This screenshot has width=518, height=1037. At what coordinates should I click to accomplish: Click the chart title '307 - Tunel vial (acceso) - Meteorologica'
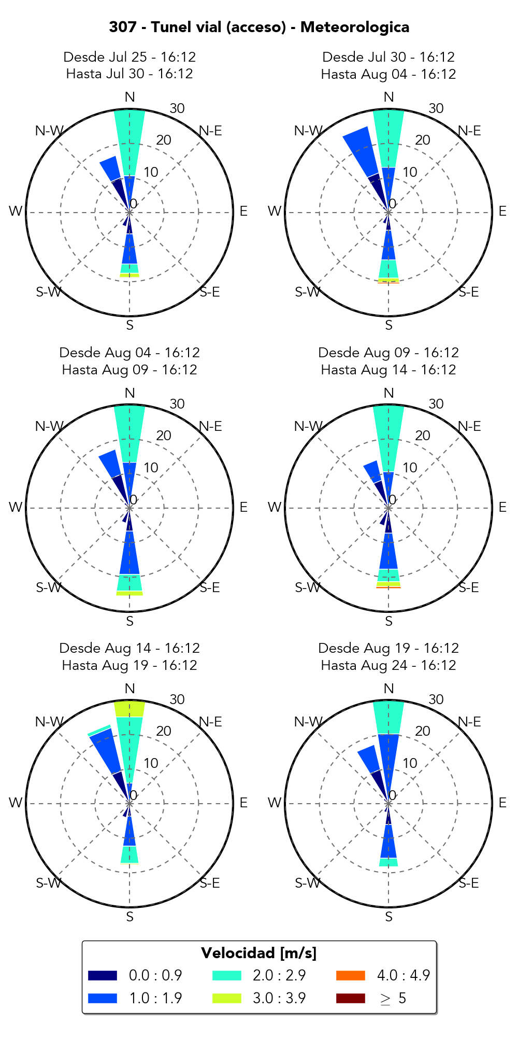259,27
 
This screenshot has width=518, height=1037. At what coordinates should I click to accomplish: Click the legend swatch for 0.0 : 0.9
103,975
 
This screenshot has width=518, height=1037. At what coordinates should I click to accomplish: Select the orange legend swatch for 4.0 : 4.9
350,975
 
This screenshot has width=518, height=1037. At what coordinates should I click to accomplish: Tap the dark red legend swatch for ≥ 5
350,998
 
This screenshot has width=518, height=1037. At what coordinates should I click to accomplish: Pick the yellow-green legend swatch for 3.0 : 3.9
226,998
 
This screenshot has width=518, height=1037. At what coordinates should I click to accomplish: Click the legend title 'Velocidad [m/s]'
259,953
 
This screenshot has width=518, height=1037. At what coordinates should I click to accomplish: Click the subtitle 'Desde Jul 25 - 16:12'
129,57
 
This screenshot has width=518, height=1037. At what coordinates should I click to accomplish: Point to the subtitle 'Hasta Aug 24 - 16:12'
388,665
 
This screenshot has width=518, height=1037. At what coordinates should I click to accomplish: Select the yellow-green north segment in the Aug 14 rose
129,708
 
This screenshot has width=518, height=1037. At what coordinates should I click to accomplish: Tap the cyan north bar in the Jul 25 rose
129,143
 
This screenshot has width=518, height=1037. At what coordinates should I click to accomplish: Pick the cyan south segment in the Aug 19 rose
388,862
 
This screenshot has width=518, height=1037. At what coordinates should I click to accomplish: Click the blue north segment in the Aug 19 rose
388,757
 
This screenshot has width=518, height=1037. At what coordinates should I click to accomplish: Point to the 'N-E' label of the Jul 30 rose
469,131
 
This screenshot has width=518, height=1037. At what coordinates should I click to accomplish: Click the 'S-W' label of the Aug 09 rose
308,587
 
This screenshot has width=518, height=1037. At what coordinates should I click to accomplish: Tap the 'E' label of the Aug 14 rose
243,803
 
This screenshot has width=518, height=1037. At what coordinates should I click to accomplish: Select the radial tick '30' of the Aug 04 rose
177,404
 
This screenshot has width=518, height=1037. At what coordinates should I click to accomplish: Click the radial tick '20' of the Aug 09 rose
423,436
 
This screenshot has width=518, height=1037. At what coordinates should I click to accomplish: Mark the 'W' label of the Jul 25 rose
16,211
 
